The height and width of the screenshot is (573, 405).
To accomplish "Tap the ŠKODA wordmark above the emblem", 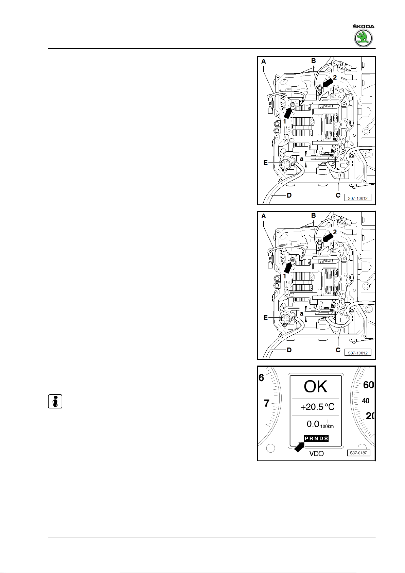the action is pos(363,27).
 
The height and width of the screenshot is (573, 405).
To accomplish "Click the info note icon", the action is pos(55,402).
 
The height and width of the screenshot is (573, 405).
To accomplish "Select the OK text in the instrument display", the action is pos(315,387).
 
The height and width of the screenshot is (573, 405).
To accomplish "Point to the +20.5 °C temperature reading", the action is pos(317,407).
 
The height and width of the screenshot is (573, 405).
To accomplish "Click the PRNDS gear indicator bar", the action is pos(316,438).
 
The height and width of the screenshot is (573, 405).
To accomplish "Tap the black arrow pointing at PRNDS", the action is pos(299,447).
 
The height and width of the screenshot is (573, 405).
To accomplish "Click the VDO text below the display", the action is pos(316,453).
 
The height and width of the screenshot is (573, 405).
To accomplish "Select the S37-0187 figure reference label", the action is pos(358,453).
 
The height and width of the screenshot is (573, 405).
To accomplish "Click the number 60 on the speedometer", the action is pos(368,385).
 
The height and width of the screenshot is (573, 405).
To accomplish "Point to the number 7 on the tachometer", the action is pos(266,403).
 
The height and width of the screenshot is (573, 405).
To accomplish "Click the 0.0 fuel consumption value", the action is pos(313,424).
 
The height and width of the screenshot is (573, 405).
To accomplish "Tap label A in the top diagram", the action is pos(264,62).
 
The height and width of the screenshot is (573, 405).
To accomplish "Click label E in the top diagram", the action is pos(266,163).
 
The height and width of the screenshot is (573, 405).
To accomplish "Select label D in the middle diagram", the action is pos(289,350).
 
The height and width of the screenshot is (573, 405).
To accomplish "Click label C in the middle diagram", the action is pos(338,350).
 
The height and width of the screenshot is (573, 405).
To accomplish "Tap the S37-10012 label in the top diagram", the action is pos(357,198).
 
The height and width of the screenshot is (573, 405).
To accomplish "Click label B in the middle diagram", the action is pos(314,215).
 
